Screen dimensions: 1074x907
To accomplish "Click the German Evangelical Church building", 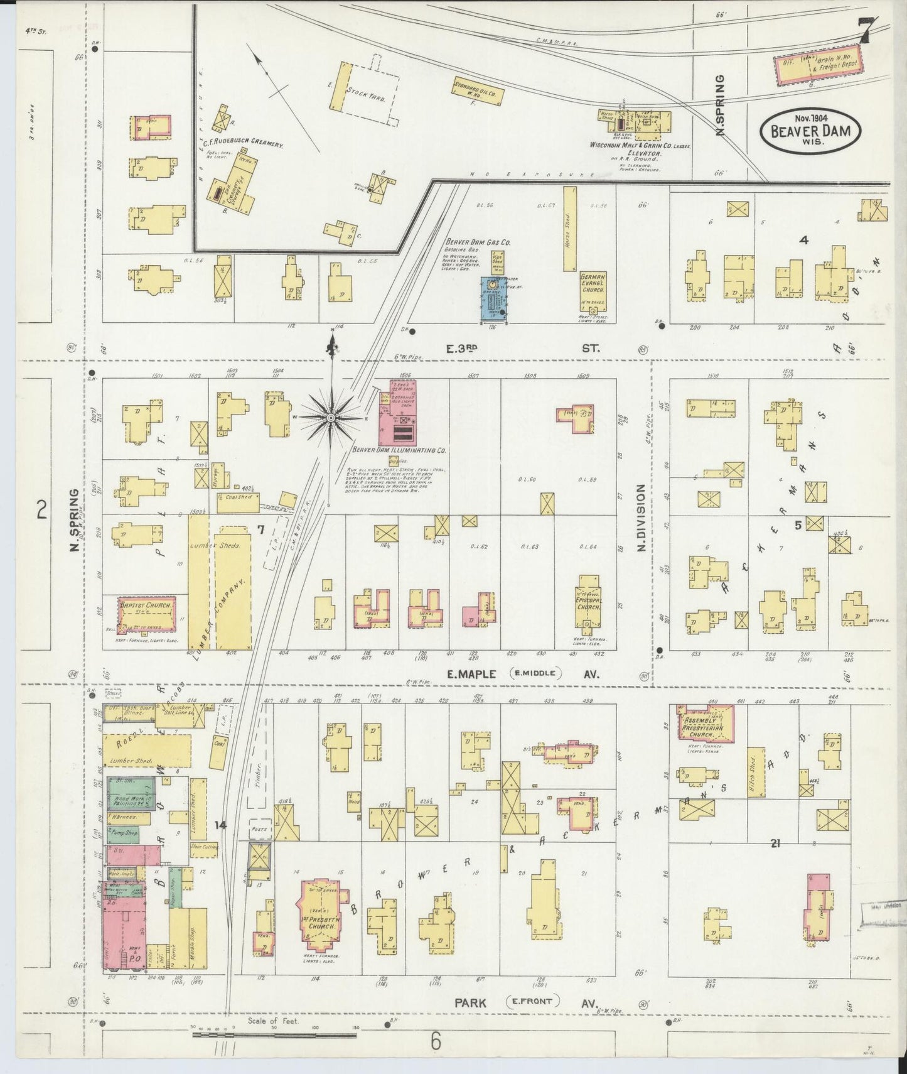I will pyautogui.click(x=594, y=282).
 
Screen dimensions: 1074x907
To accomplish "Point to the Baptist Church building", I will pyautogui.click(x=147, y=614).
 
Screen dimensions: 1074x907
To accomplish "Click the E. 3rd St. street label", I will pyautogui.click(x=524, y=347).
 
